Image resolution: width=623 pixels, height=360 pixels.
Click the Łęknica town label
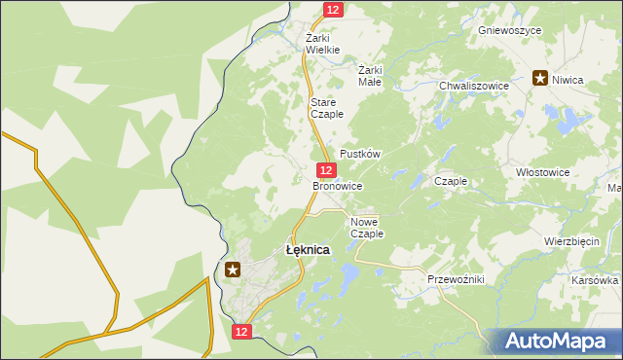coord(307,250)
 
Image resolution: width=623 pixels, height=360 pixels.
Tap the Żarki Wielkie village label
coord(322,43)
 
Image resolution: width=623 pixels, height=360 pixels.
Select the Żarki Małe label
coord(370,76)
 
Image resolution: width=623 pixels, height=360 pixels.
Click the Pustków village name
coord(358,155)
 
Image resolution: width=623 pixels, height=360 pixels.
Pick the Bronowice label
coord(337,185)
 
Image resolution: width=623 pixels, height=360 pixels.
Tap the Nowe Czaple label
coord(367,228)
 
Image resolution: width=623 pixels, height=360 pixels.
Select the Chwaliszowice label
coord(474,86)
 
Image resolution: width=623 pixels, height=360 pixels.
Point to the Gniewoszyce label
coord(509,30)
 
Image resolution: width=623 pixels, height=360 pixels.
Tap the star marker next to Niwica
coord(539,79)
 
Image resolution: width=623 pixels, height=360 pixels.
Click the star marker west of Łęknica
coord(232,270)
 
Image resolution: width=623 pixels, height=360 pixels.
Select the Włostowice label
coord(542,171)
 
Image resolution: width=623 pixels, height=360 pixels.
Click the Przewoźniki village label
coord(456,279)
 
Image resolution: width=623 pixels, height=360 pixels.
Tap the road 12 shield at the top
coord(333,9)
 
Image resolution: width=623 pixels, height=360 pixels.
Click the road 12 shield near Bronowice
coord(327,169)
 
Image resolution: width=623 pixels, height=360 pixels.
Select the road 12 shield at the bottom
coord(242,332)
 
